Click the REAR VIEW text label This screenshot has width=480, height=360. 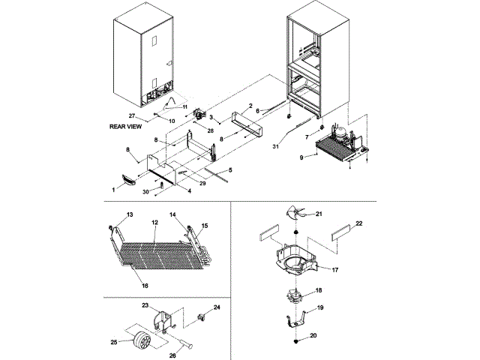pyautogui.click(x=124, y=127)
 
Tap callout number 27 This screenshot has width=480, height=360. pyautogui.click(x=130, y=115)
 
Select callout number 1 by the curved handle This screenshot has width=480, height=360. pyautogui.click(x=113, y=190)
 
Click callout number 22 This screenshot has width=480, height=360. pyautogui.click(x=358, y=223)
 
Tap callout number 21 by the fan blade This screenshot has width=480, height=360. pyautogui.click(x=318, y=214)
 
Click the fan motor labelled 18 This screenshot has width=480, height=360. pyautogui.click(x=297, y=294)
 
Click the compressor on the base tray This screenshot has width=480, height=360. pyautogui.click(x=338, y=134)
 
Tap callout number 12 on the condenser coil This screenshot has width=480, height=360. pyautogui.click(x=154, y=223)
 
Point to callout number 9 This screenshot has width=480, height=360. pyautogui.click(x=301, y=157)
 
